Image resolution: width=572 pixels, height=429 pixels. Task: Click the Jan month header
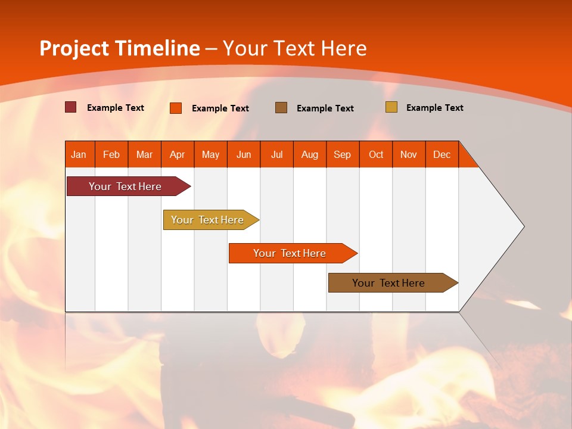[79, 154]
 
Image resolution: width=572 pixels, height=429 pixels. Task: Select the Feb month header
[111, 154]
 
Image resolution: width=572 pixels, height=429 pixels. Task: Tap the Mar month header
[144, 154]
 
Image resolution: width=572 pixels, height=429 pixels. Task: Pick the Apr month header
[178, 154]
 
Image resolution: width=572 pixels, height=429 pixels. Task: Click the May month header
[210, 154]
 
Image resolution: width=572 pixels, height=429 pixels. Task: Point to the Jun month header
[244, 154]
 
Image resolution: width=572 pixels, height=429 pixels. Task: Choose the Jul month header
[276, 154]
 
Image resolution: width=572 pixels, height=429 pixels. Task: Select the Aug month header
[310, 154]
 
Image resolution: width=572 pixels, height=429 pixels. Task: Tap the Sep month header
[343, 154]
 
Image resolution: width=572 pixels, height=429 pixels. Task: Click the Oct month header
[376, 154]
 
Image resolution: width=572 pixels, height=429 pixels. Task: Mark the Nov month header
[409, 154]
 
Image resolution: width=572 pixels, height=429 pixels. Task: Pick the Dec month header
[442, 154]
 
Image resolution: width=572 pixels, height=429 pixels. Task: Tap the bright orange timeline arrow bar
[290, 253]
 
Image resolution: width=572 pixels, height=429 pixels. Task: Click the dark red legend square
[70, 107]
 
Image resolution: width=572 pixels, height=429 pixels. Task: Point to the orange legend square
[176, 108]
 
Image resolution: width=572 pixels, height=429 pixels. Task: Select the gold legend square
[391, 107]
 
